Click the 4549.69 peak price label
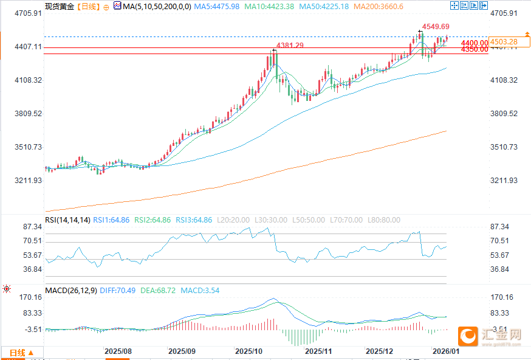[436, 27]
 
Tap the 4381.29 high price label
[290, 46]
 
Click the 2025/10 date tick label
[248, 351]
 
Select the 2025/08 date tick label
[118, 351]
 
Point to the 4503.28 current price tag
[505, 41]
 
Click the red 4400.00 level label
[474, 43]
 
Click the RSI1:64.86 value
[111, 220]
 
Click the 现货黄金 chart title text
[60, 7]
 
